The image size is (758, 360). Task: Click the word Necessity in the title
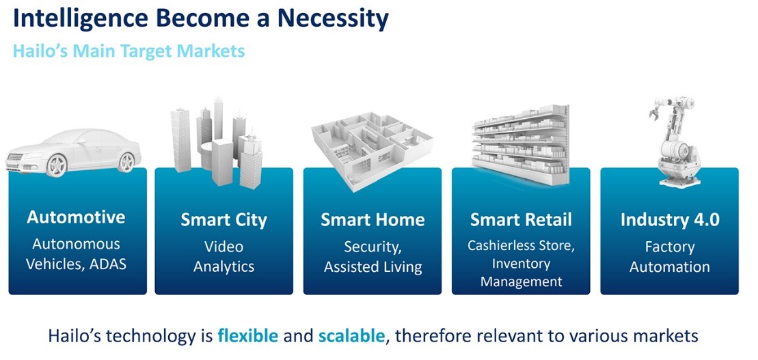[x=333, y=18]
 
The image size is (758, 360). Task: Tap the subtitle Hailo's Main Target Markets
[x=128, y=51]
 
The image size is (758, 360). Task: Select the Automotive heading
[x=76, y=217]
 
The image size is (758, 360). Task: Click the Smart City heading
[x=224, y=221]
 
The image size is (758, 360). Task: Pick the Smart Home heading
[x=373, y=221]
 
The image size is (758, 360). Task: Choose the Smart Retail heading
[x=521, y=221]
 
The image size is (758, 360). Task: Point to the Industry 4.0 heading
[x=670, y=221]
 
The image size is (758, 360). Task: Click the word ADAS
[x=108, y=264]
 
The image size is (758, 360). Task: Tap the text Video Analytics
[x=224, y=257]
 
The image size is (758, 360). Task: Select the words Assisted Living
[x=373, y=267]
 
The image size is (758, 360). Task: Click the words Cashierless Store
[x=521, y=246]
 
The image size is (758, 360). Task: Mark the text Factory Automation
[x=670, y=257]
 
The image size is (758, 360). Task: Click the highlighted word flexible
[x=248, y=335]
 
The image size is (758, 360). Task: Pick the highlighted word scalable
[x=352, y=335]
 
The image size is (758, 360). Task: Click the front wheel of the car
[x=57, y=165]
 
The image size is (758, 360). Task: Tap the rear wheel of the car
[x=126, y=162]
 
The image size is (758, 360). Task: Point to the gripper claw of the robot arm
[x=656, y=108]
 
